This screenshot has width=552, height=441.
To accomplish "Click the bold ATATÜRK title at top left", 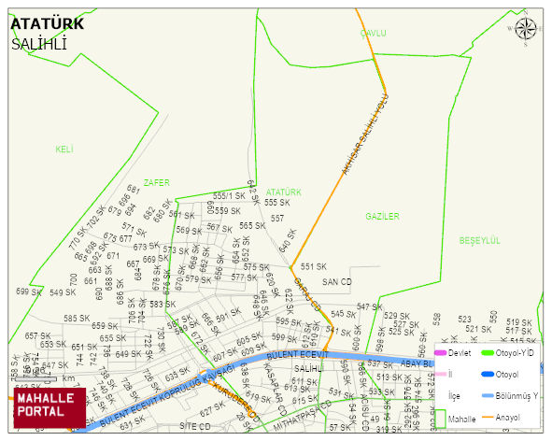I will pos(47,24).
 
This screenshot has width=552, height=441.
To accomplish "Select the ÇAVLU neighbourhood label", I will pos(373,34).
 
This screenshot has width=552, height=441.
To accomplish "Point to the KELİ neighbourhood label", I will pos(64,149).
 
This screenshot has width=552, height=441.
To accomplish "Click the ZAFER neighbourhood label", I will pos(157,183).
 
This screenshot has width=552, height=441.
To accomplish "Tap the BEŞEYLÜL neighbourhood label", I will pos(479,240).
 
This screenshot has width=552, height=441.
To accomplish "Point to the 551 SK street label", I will pos(314,266).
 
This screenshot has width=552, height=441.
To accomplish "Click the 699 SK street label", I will pos(29,292).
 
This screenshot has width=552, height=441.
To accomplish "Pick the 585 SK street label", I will pos(77,319).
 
